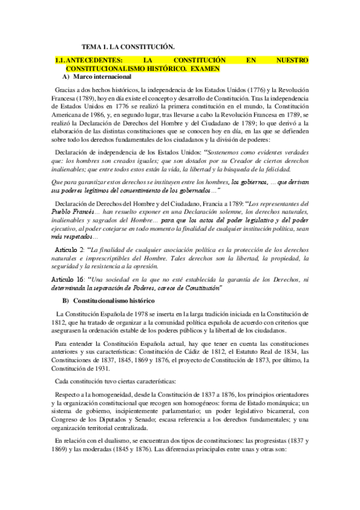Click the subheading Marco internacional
coord(101,77)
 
